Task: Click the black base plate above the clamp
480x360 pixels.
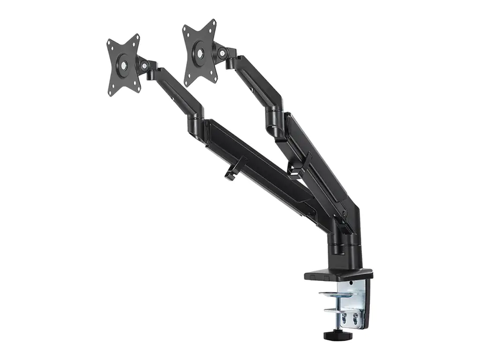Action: [x=338, y=274]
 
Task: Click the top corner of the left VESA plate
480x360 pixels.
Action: [x=135, y=37]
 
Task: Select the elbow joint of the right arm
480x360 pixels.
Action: [x=275, y=117]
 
